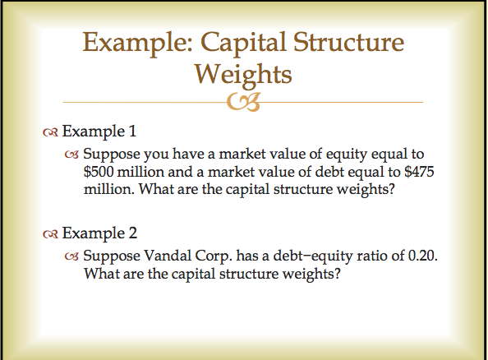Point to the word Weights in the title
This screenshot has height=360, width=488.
point(242,75)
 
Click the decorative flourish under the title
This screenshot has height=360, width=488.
point(244,102)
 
